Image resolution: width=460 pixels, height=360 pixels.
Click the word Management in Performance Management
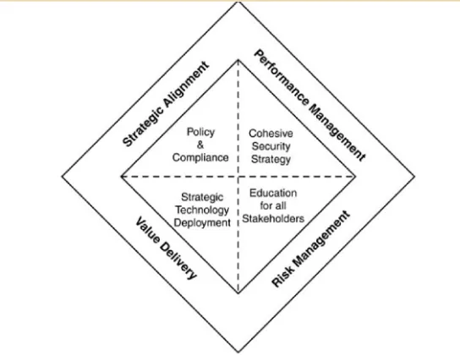coord(337,133)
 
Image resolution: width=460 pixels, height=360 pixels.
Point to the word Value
coord(148,230)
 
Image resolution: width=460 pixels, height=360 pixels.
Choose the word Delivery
coord(178,261)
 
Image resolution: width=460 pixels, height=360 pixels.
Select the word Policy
coord(200,132)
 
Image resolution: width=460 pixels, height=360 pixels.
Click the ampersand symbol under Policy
coord(200,145)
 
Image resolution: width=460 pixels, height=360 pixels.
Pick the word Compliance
coord(200,158)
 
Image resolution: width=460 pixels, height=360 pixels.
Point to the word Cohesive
coord(271,134)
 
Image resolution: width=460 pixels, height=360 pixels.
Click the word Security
coord(271,146)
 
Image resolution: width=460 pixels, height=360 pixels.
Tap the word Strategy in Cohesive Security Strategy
coord(271,159)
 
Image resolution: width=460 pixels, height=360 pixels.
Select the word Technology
coord(202,210)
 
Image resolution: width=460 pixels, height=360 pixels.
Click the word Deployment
coord(202,223)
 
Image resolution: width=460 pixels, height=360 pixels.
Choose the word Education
coord(273,194)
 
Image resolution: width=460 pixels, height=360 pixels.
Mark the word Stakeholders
coord(273,219)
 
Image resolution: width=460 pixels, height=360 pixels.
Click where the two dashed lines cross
coord(238,177)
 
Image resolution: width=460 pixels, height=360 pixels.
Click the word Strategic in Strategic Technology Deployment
coord(202,197)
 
